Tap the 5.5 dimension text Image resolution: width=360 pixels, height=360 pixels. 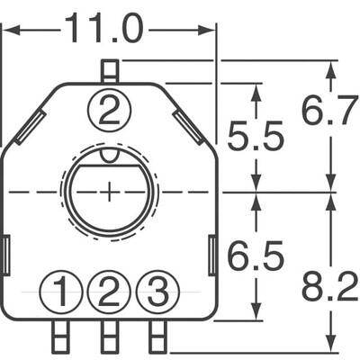(256, 138)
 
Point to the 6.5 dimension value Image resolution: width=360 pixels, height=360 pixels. (256, 257)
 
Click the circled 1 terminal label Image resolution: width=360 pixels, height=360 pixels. (61, 292)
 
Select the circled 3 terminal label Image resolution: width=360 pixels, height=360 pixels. (157, 292)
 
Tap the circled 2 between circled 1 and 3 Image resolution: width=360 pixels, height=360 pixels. (109, 292)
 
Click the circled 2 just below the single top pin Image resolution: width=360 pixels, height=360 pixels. (109, 112)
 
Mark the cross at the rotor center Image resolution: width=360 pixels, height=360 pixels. (109, 192)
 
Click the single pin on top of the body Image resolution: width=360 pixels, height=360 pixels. (109, 70)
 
